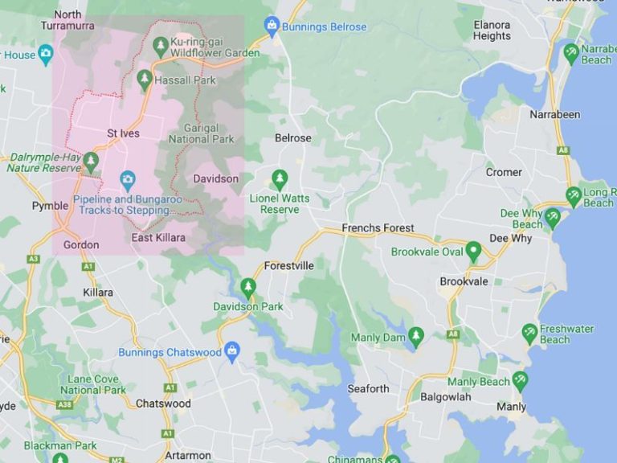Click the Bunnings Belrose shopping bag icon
click(272, 26)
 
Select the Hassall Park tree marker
click(145, 78)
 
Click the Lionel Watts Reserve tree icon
click(280, 178)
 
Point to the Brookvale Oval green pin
click(473, 251)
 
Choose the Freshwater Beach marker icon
click(529, 332)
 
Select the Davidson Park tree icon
click(248, 286)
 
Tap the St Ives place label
click(123, 133)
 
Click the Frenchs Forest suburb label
click(378, 228)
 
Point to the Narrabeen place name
click(554, 114)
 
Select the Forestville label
click(289, 265)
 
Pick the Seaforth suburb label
click(368, 388)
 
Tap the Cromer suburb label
click(504, 172)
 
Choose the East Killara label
click(158, 238)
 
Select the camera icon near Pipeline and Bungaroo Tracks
click(126, 178)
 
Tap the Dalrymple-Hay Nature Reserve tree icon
click(91, 160)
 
